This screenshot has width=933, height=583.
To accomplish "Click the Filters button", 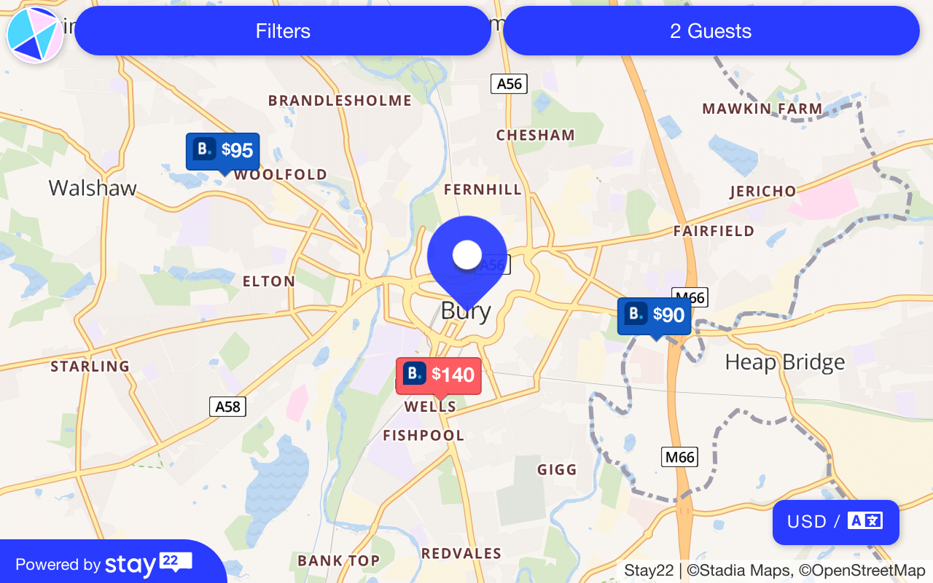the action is [x=283, y=31].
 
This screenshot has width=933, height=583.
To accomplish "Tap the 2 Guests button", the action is [x=711, y=31].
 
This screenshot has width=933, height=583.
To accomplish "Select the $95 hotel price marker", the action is [x=223, y=151].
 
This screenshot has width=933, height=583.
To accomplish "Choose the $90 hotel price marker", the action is [x=654, y=315].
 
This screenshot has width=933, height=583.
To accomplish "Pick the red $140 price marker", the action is [x=439, y=375].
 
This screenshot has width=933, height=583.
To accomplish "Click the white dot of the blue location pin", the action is [x=467, y=254].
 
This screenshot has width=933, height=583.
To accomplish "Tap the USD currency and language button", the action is [x=835, y=522].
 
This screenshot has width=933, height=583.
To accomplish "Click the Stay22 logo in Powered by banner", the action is [x=149, y=564].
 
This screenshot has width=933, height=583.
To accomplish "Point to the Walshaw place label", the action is [x=93, y=188].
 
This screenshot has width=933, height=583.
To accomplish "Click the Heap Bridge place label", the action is [x=785, y=362].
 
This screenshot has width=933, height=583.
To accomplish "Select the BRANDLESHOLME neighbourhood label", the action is [x=340, y=101].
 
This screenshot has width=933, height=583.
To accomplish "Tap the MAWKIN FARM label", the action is [x=762, y=109].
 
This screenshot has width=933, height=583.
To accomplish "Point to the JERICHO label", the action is [x=763, y=192].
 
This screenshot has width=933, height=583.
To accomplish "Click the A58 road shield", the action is [x=228, y=406].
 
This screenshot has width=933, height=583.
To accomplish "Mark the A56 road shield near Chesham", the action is [x=509, y=84].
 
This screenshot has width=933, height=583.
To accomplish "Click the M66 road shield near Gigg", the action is [x=679, y=457].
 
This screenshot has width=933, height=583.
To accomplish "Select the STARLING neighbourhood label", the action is [x=90, y=367].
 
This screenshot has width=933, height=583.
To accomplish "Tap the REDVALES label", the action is [x=461, y=554].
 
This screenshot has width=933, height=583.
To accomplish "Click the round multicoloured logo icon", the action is [x=35, y=35].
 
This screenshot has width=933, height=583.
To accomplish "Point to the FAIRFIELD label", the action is [x=714, y=231].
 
